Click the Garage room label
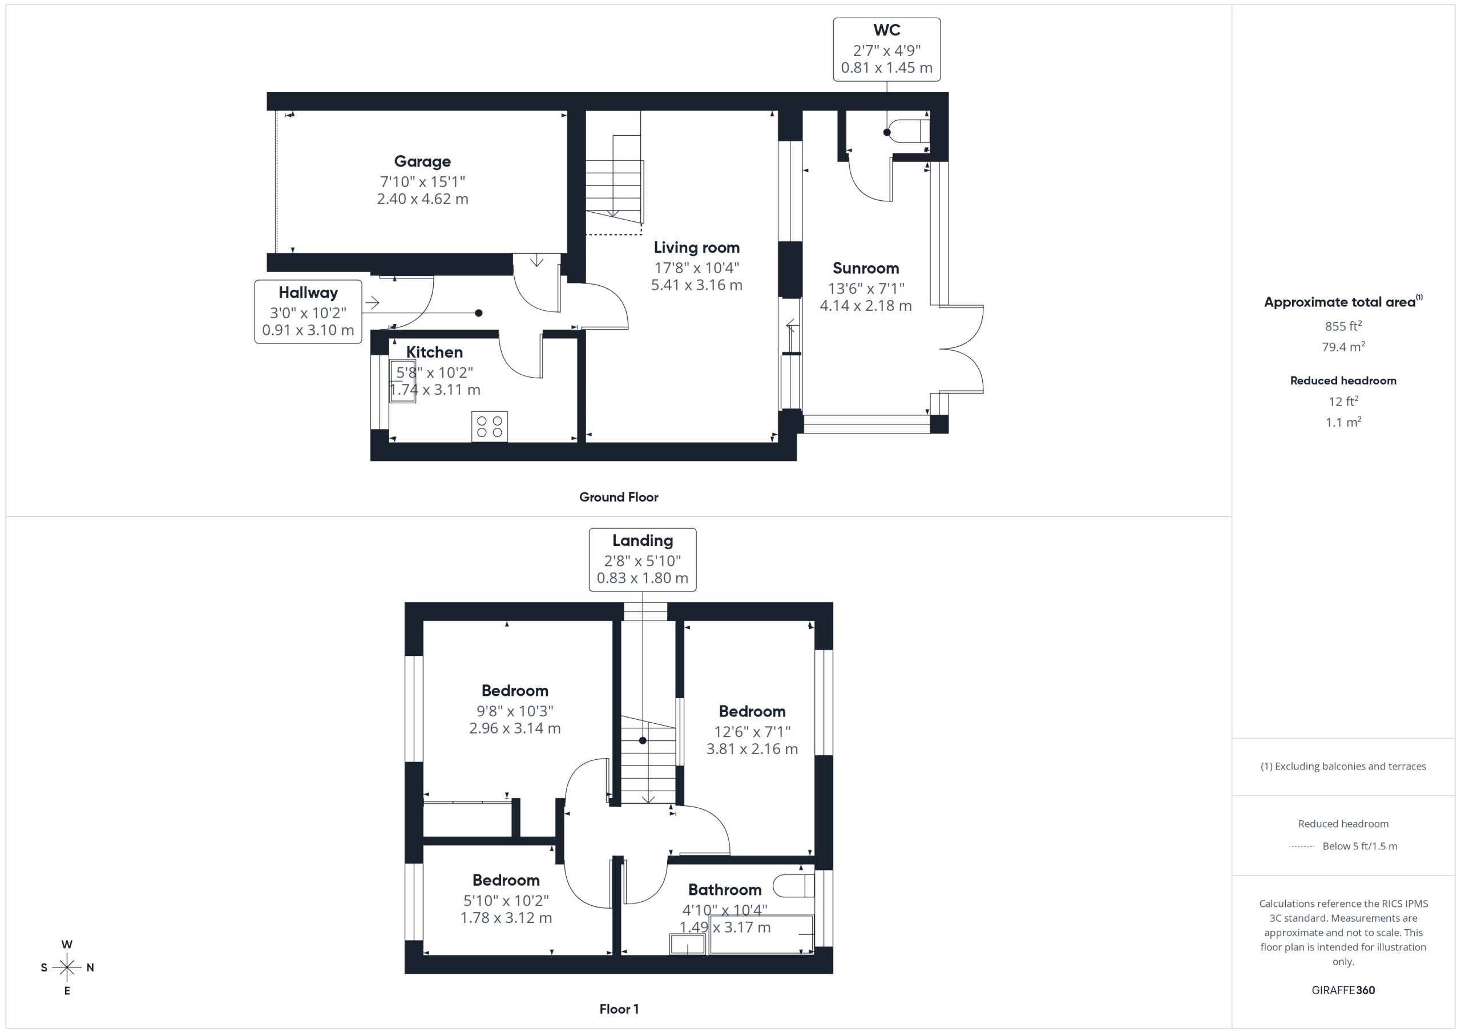[422, 161]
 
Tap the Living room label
[697, 248]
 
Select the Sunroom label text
[865, 269]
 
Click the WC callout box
[887, 50]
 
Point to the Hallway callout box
[309, 311]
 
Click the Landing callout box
[643, 560]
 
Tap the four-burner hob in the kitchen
[489, 426]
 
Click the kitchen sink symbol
[403, 381]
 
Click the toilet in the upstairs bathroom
[793, 885]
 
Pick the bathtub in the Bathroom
[761, 934]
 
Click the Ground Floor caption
[619, 497]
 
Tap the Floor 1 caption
[619, 1009]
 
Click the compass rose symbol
[67, 967]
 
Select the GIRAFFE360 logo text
[1343, 990]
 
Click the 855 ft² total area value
[1343, 326]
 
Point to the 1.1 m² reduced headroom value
[1343, 422]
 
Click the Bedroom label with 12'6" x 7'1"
[752, 711]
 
